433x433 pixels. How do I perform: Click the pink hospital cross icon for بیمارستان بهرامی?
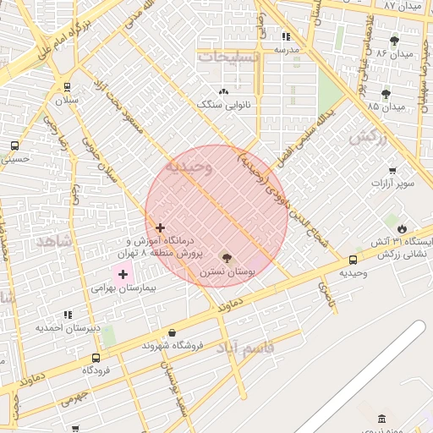(x=123, y=274)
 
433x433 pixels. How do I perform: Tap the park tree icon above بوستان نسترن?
(x=226, y=257)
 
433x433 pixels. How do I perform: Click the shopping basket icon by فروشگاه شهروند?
(x=173, y=332)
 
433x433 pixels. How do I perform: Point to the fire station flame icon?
(x=401, y=228)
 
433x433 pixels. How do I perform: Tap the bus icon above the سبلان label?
(x=67, y=86)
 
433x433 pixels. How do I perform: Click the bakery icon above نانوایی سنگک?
(x=223, y=91)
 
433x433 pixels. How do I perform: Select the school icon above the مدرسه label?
(x=286, y=36)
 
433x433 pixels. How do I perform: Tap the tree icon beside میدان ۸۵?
(x=386, y=93)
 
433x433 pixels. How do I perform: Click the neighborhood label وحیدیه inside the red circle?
(x=189, y=167)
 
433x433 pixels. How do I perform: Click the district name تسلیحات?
(x=227, y=57)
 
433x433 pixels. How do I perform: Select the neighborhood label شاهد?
(x=56, y=242)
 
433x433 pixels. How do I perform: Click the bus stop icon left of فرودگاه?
(x=95, y=358)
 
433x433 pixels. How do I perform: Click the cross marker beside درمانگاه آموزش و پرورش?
(x=160, y=227)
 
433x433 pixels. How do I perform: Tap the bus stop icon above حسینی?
(x=14, y=145)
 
